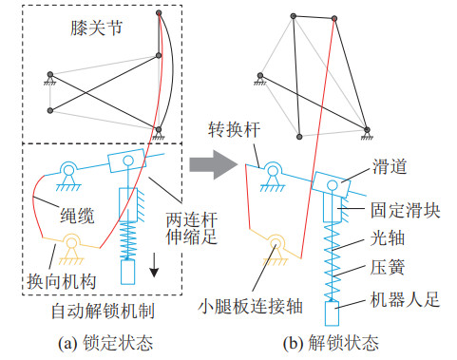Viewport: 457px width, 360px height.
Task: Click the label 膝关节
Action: coord(96,28)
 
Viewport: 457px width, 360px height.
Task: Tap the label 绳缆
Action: coord(77,216)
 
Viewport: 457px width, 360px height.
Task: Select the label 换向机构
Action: coord(61,281)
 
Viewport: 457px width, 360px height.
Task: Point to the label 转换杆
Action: coord(234,129)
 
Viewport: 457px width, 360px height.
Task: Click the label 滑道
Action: coord(390,166)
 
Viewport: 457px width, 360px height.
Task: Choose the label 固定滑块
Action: coord(406,210)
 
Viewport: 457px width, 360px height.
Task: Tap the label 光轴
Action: coord(388,238)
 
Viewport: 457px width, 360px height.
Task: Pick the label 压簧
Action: coord(388,267)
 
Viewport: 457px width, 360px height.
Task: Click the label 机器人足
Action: coord(406,299)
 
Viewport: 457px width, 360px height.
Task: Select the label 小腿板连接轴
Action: coord(250,307)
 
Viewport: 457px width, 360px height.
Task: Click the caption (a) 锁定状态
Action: coord(105,343)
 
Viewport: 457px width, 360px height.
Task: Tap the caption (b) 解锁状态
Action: coord(331,343)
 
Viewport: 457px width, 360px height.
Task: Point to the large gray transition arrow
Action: coord(214,164)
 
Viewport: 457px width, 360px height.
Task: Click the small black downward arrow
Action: coord(154,265)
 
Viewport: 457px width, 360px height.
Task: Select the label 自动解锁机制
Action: coord(103,311)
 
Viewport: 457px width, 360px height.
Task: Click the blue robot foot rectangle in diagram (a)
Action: coord(128,272)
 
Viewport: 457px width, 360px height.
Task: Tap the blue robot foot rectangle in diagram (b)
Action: coord(332,313)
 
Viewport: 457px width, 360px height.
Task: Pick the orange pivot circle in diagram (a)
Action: coord(72,243)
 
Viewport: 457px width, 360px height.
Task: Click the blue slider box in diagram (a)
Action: coord(127,161)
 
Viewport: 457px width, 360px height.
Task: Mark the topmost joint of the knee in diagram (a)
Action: coord(159,13)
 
